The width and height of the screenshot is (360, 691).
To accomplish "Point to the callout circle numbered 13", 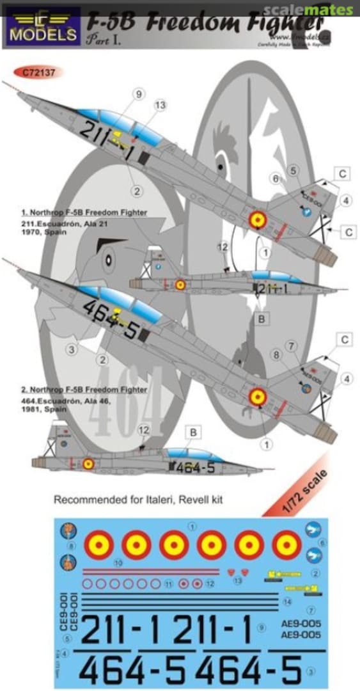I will point(160,105).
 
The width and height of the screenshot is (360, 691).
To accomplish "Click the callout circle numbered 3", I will point(74,349).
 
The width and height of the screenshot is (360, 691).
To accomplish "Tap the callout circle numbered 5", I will point(293,170).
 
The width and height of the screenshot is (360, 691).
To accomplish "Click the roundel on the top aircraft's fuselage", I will point(258,220).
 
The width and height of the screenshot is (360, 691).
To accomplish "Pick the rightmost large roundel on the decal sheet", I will point(286,545).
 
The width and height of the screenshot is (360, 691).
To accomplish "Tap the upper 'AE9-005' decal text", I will point(300,623).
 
